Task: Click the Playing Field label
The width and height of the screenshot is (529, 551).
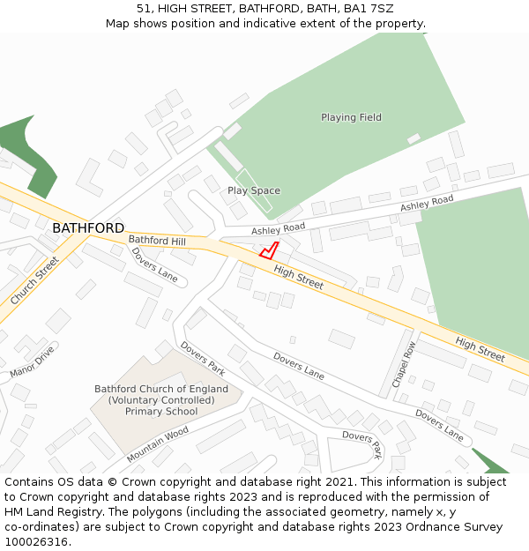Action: [x=351, y=117]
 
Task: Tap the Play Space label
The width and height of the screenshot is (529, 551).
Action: [x=254, y=190]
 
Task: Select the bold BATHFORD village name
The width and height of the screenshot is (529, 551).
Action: [x=88, y=228]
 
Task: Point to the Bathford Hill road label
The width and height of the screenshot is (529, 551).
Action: [x=157, y=240]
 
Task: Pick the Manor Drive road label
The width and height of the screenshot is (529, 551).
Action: [x=32, y=361]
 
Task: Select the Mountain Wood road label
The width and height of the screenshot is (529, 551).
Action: [x=158, y=444]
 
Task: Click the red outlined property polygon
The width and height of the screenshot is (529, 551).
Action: [x=269, y=250]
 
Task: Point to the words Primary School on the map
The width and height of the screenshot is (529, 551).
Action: [x=161, y=412]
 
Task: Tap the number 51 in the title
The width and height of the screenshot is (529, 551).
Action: [x=144, y=9]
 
